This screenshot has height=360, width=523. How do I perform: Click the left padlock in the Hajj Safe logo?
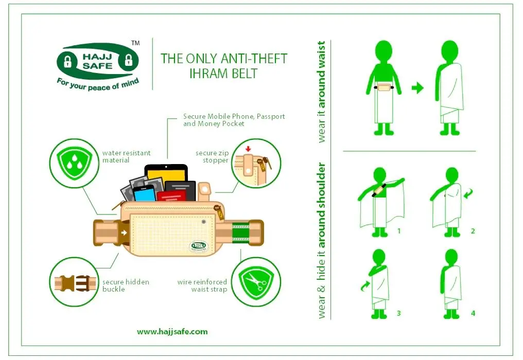click(x=68, y=61)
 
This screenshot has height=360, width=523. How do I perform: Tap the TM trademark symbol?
click(x=135, y=43)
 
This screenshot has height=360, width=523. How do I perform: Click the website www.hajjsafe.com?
click(x=172, y=332)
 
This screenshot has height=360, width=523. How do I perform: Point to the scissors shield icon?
click(x=256, y=283)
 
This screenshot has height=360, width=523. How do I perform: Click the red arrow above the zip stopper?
click(x=248, y=148)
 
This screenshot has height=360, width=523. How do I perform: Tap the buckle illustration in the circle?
click(x=75, y=283)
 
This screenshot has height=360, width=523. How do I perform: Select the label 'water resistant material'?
click(x=127, y=157)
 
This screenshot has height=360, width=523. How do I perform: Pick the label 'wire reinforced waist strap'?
click(x=202, y=285)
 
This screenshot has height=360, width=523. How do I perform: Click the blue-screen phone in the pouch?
click(x=145, y=194)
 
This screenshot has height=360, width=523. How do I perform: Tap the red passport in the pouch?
click(x=172, y=195)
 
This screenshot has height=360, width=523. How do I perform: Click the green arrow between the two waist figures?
click(x=417, y=88)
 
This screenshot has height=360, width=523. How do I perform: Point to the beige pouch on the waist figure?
click(x=384, y=87)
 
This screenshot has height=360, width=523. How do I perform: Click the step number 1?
click(x=399, y=231)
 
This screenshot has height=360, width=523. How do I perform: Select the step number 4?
click(x=473, y=313)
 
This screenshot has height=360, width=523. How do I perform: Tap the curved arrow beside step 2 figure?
click(x=468, y=193)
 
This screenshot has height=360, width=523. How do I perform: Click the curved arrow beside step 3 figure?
click(x=365, y=285)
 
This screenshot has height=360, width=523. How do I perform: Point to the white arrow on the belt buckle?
click(x=124, y=232)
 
